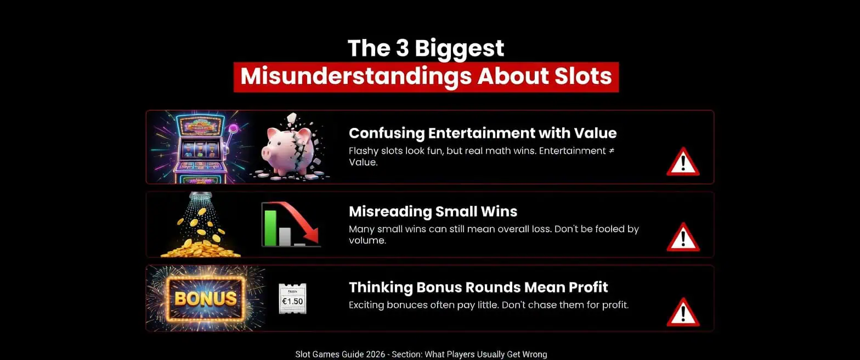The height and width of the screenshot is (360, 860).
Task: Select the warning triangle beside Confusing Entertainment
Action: [682, 162]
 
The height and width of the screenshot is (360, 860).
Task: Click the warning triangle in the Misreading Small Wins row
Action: [682, 237]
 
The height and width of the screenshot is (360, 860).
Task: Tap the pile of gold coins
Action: [201, 249]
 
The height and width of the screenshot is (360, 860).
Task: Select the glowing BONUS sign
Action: [205, 299]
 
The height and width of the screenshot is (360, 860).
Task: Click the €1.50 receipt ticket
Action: [292, 299]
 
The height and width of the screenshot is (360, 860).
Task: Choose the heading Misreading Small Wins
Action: [433, 211]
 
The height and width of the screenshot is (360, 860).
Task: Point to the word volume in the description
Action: [367, 240]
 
